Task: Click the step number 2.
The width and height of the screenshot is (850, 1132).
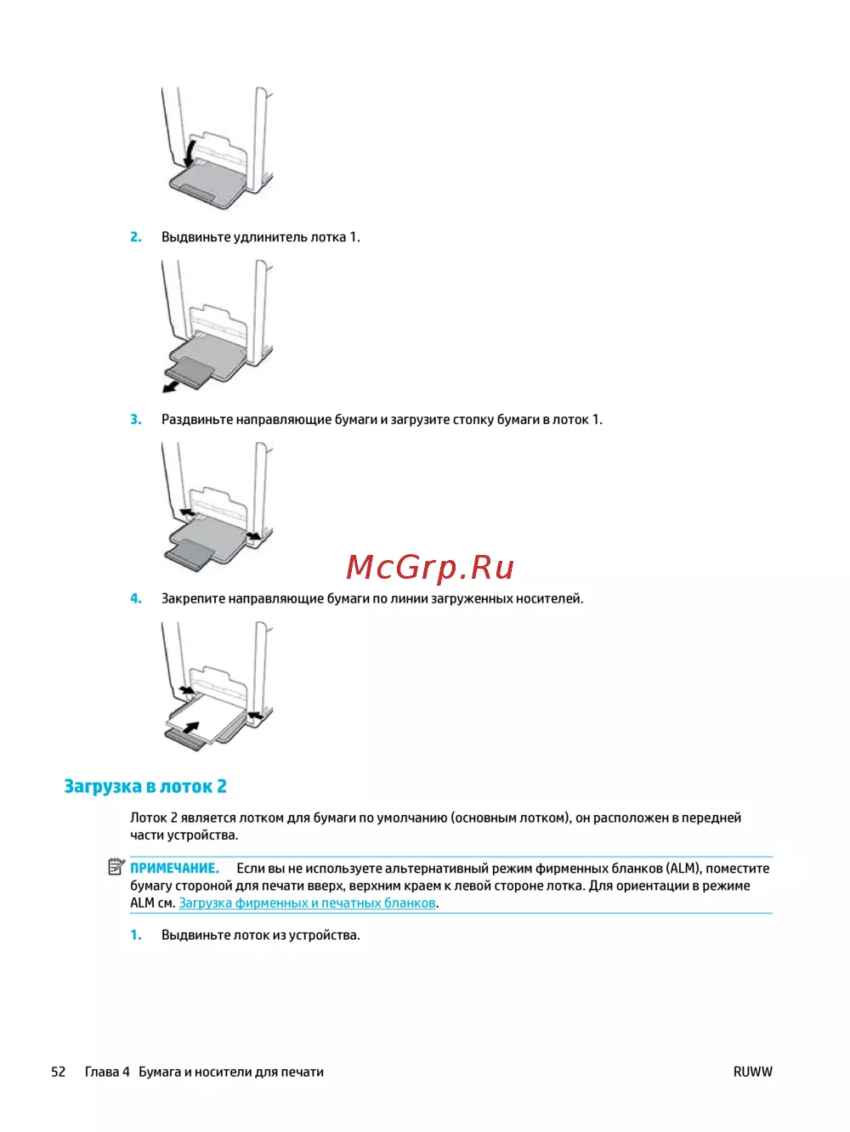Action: [136, 237]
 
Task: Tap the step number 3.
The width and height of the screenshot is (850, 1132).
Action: [136, 419]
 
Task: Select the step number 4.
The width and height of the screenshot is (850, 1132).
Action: [136, 598]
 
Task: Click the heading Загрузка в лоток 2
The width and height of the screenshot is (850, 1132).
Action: [145, 786]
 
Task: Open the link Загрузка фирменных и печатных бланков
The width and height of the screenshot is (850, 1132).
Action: [307, 903]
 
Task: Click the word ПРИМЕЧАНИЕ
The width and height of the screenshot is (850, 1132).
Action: [174, 868]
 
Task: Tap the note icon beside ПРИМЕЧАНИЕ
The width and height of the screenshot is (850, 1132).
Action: [116, 868]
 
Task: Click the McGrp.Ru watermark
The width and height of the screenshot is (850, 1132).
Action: [430, 567]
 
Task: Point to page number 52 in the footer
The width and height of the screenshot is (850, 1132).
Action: [58, 1072]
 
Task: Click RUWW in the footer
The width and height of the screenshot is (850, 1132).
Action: [752, 1072]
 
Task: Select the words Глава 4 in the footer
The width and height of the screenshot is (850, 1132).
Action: [107, 1072]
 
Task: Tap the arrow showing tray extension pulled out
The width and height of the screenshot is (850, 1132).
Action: [171, 387]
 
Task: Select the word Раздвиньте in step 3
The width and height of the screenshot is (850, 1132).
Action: [197, 419]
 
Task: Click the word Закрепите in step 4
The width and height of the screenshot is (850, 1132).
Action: [194, 598]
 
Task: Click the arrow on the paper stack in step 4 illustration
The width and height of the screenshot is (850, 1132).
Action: [191, 729]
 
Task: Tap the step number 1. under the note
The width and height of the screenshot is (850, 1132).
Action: [136, 935]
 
